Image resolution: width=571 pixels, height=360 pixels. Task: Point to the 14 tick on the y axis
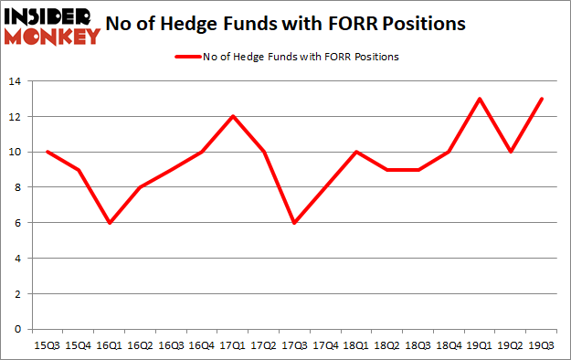(x=17, y=82)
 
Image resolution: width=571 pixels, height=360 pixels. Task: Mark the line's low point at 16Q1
(x=110, y=223)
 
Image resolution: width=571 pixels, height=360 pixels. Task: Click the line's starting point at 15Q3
(x=48, y=152)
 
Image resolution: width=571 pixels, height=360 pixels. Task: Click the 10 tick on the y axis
(x=17, y=153)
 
